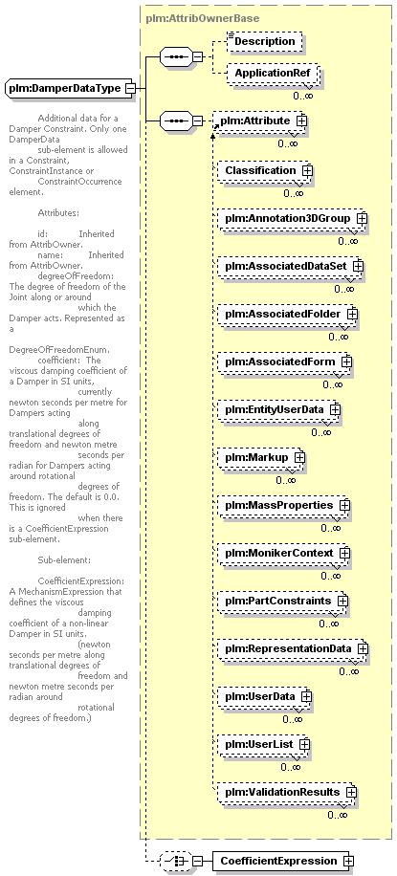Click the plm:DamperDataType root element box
(70, 88)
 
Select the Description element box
(264, 41)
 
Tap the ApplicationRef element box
(273, 74)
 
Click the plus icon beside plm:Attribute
(302, 120)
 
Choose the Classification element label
(260, 170)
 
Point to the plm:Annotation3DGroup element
(292, 218)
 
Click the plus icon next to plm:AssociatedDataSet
(358, 267)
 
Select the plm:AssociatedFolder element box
(287, 314)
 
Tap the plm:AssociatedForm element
(284, 362)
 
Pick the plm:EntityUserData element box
(278, 409)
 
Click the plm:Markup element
(260, 457)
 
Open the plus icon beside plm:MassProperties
(344, 505)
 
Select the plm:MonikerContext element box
(283, 553)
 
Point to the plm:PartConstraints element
(282, 601)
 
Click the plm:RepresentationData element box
(293, 648)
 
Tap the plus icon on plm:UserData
(306, 696)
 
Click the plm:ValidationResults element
(287, 792)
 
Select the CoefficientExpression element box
(283, 861)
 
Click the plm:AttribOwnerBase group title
(203, 18)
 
